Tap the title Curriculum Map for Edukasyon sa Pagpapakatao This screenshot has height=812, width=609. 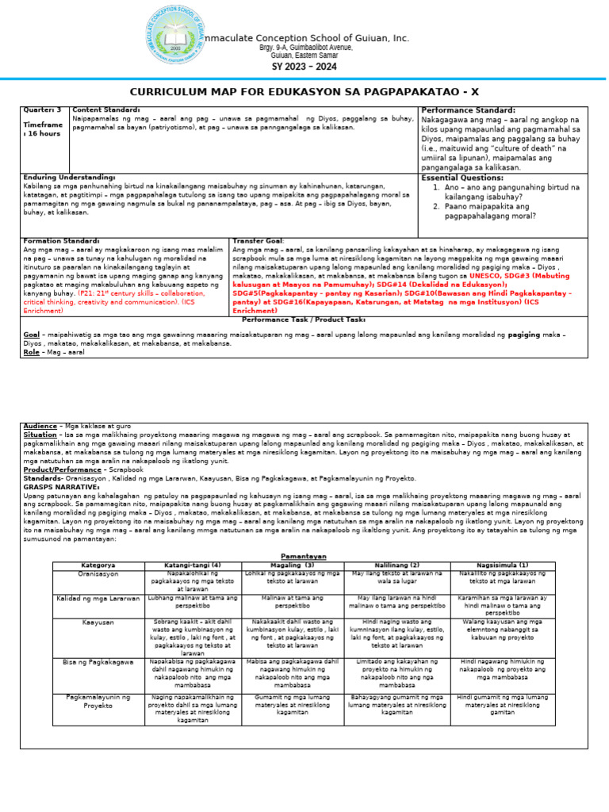[304, 92]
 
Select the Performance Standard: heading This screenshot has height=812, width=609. [468, 110]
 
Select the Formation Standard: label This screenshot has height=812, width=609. [62, 240]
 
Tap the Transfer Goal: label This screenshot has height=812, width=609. [258, 240]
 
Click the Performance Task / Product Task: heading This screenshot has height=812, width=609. [304, 319]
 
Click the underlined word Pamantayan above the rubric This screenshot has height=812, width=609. [304, 557]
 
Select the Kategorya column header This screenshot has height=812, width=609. [98, 565]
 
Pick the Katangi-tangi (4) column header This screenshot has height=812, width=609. [193, 565]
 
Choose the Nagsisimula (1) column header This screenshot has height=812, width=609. [503, 565]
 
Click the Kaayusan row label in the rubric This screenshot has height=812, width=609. [98, 622]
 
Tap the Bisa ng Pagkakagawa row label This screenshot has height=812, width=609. [98, 661]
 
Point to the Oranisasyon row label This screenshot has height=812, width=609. [98, 573]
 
